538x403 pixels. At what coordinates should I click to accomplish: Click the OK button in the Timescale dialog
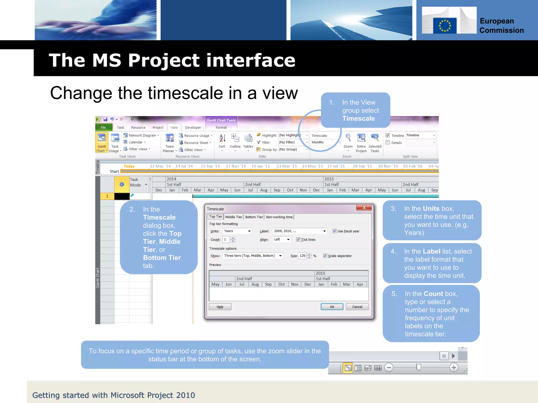pos(332,307)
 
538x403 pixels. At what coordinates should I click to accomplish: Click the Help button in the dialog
pos(220,307)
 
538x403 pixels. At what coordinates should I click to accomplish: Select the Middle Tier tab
pos(234,217)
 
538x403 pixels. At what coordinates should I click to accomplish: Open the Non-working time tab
pos(279,217)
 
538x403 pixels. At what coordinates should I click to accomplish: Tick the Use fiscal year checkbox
pos(335,231)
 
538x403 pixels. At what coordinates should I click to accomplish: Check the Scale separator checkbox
pos(325,256)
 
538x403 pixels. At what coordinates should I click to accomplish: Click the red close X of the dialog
pos(364,208)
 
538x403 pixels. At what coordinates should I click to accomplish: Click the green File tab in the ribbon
pos(103,128)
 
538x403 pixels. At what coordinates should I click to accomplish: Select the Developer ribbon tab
pos(193,128)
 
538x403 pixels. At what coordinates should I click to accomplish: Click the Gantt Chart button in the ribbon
pos(102,142)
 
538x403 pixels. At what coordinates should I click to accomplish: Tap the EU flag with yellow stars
pos(445,26)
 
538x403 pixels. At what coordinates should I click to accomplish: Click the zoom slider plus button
pos(454,368)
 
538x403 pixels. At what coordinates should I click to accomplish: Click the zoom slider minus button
pos(389,368)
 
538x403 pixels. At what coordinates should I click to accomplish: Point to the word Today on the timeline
pos(129,166)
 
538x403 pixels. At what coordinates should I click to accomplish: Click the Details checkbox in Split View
pos(387,142)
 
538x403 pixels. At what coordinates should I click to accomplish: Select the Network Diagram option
pos(142,135)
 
